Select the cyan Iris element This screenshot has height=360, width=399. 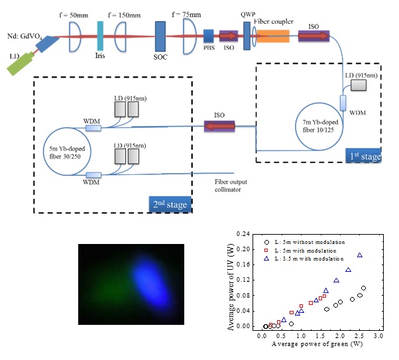[x=100, y=35]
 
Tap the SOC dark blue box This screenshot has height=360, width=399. [x=160, y=35]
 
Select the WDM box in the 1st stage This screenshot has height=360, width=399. [x=345, y=103]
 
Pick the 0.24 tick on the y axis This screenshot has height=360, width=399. [x=246, y=234]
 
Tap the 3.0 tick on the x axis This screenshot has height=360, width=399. [x=378, y=337]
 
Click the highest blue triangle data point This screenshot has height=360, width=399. [x=360, y=255]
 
